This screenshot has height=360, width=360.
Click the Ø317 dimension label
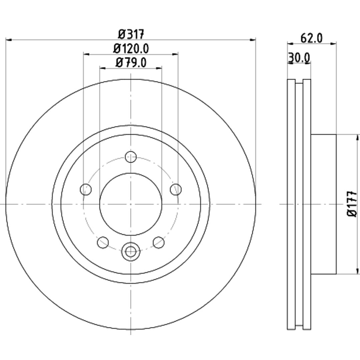coord(131,34)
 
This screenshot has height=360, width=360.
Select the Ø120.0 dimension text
coord(131,49)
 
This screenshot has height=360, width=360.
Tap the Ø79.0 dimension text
coord(131,62)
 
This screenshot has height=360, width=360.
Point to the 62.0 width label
coord(312,38)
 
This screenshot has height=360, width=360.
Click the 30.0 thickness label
coord(299,58)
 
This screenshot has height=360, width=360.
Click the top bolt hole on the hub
coord(131,157)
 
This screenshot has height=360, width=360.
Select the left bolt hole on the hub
coord(86,190)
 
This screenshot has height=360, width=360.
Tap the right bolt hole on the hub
coord(176,190)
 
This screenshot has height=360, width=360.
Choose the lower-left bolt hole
coord(103,242)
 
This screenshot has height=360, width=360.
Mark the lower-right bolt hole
coord(159,242)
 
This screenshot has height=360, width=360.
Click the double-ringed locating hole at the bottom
coord(131,251)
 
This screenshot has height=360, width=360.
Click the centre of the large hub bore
coord(131,204)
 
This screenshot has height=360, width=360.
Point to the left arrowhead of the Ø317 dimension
coord(8,40)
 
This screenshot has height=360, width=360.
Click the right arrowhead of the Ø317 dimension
coord(253,40)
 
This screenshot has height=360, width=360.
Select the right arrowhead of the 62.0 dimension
coord(333,43)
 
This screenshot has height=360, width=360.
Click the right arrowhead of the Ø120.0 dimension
coord(175,54)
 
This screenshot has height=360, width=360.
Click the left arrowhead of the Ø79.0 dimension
coord(103,68)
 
